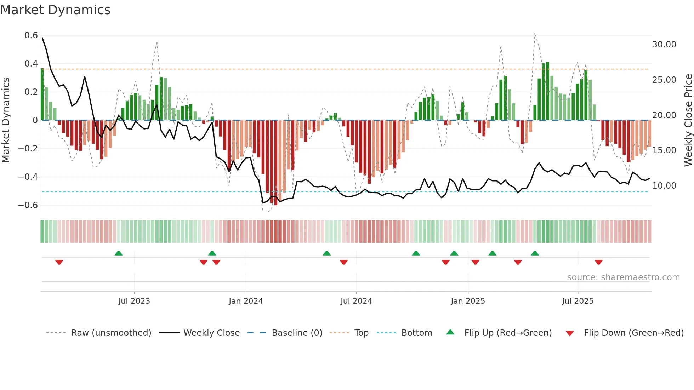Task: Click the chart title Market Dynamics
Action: [x=56, y=10]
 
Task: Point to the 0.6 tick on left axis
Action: [x=31, y=35]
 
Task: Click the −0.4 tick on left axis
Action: [x=28, y=177]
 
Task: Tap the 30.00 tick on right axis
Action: [x=664, y=45]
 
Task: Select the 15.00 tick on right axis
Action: [x=664, y=150]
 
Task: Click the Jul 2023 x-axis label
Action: [x=134, y=301]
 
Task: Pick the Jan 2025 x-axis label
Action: [x=468, y=301]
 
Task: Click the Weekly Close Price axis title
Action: [x=688, y=120]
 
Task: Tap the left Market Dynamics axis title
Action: [x=6, y=120]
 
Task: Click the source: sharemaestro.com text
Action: [x=623, y=277]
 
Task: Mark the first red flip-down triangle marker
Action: [x=59, y=262]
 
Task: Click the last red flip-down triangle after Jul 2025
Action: [x=598, y=262]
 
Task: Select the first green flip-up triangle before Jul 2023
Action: [x=119, y=253]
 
